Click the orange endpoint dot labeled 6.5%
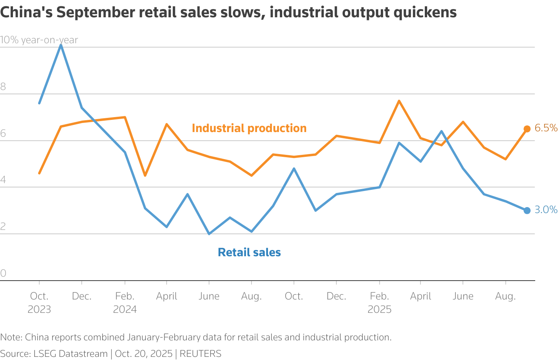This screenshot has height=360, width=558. pos(527,129)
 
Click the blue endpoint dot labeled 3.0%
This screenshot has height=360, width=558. pos(527,211)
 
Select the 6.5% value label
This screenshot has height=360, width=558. pos(546,128)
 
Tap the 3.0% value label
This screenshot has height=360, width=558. pos(546,210)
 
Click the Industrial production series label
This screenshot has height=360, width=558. pos(249,129)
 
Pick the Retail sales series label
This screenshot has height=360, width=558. pos(249,252)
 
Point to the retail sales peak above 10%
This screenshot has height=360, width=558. pos(61,45)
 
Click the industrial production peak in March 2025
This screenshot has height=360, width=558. pos(399,101)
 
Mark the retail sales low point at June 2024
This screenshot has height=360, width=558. pos(209,234)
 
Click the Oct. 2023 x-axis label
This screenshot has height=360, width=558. pos(39,303)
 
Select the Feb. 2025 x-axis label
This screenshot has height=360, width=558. pos(379,303)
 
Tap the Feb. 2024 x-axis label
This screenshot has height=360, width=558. pos(125,303)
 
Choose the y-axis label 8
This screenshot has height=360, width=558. pos(3,87)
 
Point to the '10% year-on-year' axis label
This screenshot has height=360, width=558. pos(39,40)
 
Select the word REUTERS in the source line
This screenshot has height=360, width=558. pos(200,354)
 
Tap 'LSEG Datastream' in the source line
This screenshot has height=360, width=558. pos(70,354)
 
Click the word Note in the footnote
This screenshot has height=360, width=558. pos(11,337)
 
